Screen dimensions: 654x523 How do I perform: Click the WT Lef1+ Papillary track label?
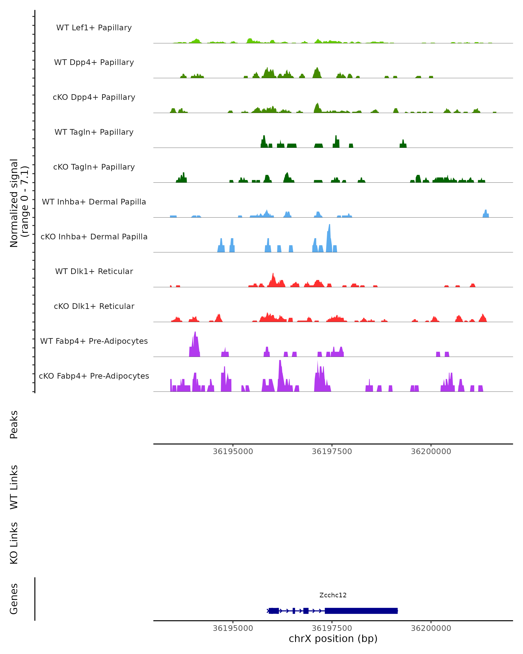point(94,28)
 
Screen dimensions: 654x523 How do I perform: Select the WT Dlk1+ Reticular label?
point(94,271)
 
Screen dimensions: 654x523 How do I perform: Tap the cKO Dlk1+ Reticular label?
point(94,306)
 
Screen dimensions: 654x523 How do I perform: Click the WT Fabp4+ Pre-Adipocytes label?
point(94,341)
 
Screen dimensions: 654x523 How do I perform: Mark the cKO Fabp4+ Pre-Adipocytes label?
point(94,376)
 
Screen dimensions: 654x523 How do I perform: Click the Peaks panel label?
point(14,425)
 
